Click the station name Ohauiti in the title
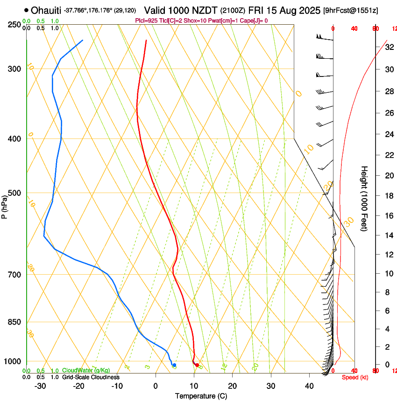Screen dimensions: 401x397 coord(46,10)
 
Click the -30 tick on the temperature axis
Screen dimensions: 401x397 coord(40,386)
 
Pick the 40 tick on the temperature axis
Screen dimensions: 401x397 coord(309,386)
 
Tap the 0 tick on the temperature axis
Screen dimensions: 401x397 coord(156,386)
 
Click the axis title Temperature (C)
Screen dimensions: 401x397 coord(201,396)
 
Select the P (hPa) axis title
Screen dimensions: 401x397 coord(5,206)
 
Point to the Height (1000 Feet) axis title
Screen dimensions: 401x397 coord(365,198)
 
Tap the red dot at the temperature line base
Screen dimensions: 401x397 coord(197,365)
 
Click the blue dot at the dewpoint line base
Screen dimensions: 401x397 coord(174,365)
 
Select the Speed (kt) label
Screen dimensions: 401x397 coord(355,377)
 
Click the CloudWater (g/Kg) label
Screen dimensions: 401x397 coord(86,370)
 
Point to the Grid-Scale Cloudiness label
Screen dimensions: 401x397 coord(91,377)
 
